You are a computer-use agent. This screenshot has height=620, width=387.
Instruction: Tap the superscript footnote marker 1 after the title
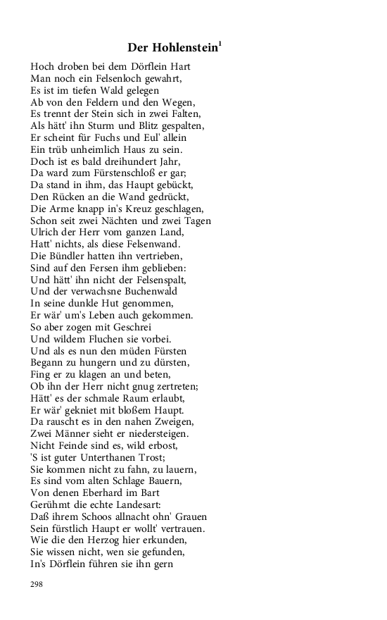pyautogui.click(x=220, y=44)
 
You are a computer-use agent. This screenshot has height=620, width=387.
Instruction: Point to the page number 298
pyautogui.click(x=37, y=584)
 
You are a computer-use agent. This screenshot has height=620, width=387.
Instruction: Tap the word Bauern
pyautogui.click(x=160, y=480)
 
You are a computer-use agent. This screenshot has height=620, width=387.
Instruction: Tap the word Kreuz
pyautogui.click(x=116, y=209)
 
